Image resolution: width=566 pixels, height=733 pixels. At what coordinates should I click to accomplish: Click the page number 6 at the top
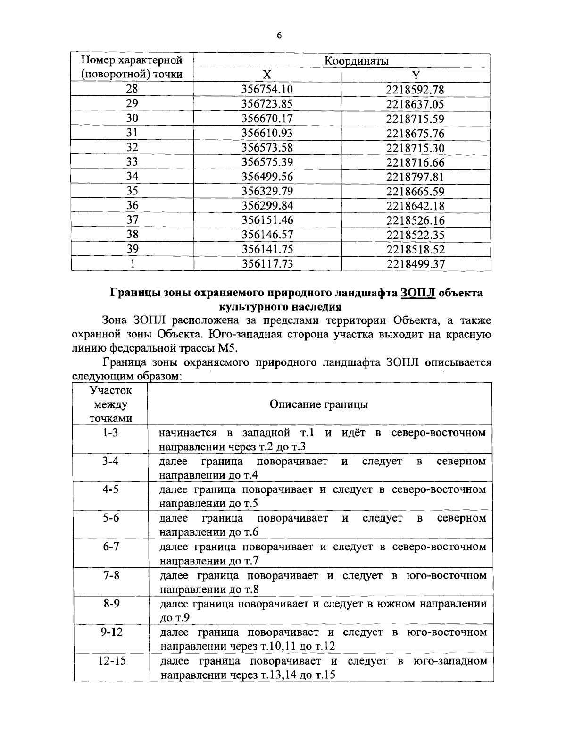pyautogui.click(x=279, y=36)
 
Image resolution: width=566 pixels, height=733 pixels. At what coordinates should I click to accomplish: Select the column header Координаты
pyautogui.click(x=356, y=61)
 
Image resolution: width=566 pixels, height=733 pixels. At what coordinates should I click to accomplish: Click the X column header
pyautogui.click(x=267, y=75)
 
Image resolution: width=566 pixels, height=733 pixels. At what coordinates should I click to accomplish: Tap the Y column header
pyautogui.click(x=416, y=75)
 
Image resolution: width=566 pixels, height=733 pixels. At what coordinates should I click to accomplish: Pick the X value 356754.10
pyautogui.click(x=267, y=90)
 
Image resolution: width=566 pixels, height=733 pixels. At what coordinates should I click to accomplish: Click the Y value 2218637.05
pyautogui.click(x=416, y=104)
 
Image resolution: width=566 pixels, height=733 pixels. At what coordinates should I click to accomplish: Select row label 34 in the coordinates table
pyautogui.click(x=132, y=177)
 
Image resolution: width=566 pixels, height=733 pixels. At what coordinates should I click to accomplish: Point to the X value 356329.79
pyautogui.click(x=267, y=191)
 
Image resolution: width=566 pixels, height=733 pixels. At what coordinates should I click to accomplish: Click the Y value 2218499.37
pyautogui.click(x=416, y=264)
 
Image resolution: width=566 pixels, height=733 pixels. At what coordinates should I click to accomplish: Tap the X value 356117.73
pyautogui.click(x=267, y=264)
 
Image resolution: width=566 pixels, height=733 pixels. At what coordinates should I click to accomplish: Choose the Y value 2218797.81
pyautogui.click(x=416, y=177)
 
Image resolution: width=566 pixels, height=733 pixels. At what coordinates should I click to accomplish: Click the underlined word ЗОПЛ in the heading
pyautogui.click(x=418, y=293)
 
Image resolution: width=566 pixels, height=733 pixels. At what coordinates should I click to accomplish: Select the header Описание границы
pyautogui.click(x=319, y=404)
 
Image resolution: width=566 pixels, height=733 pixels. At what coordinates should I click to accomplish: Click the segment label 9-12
pyautogui.click(x=111, y=632)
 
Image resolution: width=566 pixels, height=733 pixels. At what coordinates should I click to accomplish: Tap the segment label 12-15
pyautogui.click(x=111, y=660)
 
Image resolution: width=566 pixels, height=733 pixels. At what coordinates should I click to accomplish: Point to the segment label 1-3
pyautogui.click(x=111, y=432)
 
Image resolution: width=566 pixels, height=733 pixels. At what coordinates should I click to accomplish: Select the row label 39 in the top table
pyautogui.click(x=132, y=249)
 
